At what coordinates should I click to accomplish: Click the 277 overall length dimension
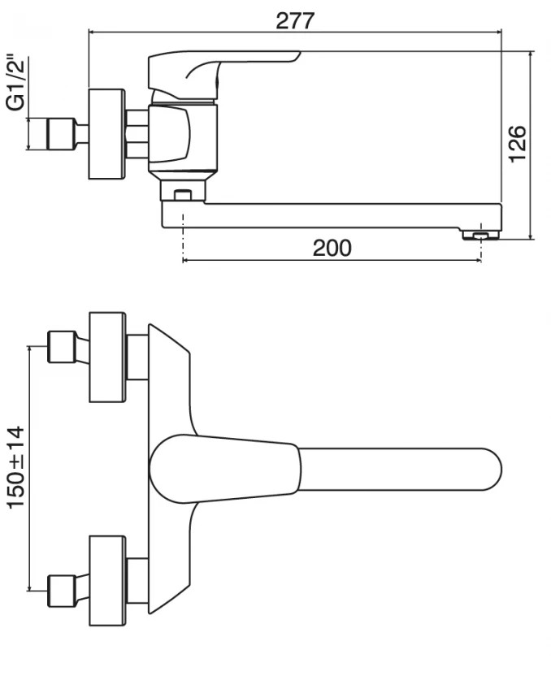pos(294,20)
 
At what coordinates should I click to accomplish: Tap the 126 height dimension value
pos(518,144)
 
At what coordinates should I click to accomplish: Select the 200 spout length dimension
pos(332,248)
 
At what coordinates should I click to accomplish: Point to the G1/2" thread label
pos(14,84)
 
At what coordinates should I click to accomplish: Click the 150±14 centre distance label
pos(16,468)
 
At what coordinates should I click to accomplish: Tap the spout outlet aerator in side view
pos(479,235)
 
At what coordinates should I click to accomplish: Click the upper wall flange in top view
pos(107,357)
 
